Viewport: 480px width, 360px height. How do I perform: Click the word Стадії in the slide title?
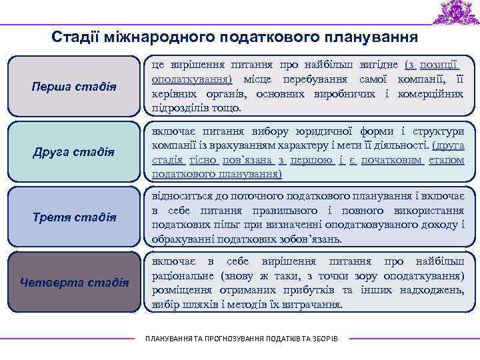75,36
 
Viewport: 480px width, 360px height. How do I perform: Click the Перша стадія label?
74,87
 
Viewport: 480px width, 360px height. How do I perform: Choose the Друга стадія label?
74,152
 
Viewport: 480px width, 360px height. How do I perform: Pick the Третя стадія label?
74,217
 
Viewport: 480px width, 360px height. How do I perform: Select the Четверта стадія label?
74,282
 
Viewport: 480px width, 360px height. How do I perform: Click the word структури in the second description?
438,130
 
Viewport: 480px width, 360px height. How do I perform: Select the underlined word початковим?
386,159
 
